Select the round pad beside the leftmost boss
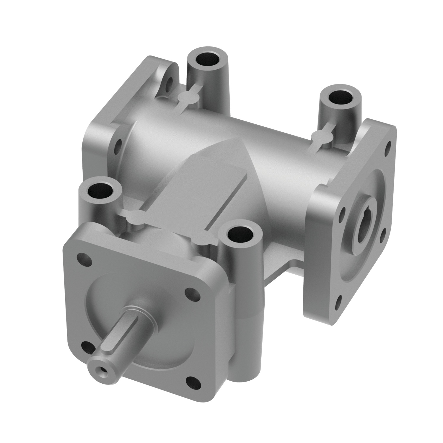[x=136, y=218]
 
